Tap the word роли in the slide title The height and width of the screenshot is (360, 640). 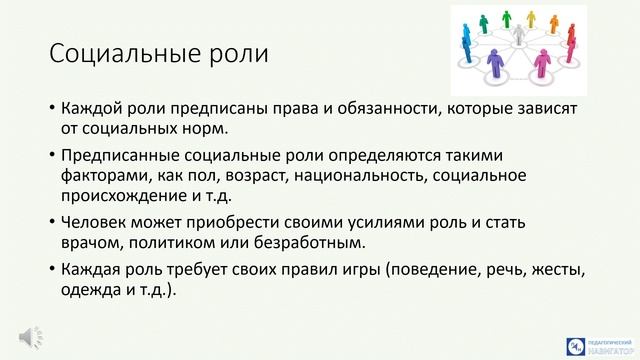(x=236, y=51)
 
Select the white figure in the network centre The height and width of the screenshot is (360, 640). (x=519, y=36)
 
